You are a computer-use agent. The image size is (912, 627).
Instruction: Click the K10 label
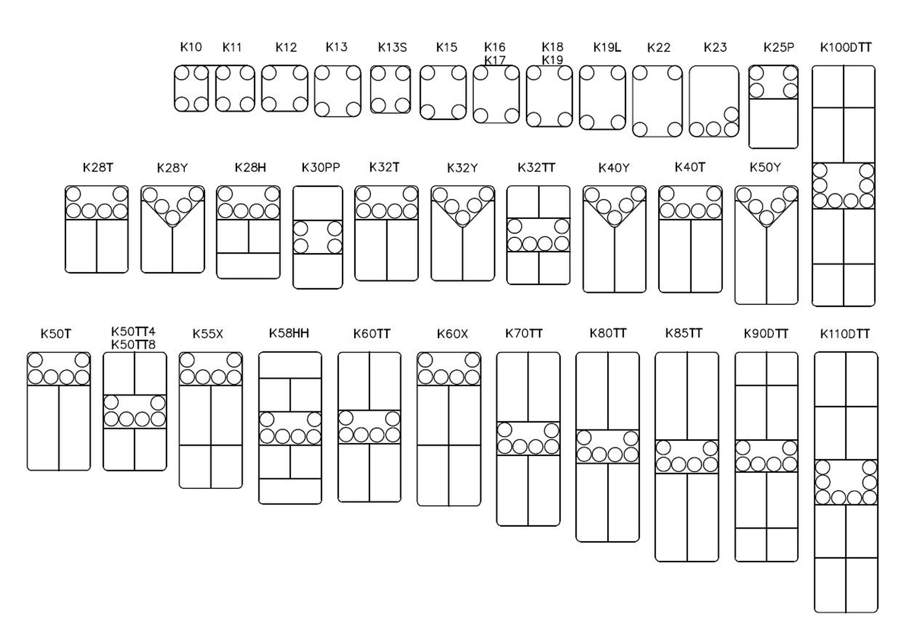[x=191, y=47]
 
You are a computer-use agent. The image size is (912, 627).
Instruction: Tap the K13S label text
[x=392, y=47]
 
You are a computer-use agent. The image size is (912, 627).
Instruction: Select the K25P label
[x=779, y=47]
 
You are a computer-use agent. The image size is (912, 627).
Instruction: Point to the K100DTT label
[x=845, y=47]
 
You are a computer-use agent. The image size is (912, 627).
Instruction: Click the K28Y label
[x=172, y=168]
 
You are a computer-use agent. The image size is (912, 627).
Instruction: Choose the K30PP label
[x=321, y=168]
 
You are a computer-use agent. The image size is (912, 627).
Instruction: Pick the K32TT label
[x=536, y=168]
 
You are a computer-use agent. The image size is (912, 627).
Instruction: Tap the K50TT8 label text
[x=133, y=344]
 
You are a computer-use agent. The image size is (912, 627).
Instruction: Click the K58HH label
[x=289, y=333]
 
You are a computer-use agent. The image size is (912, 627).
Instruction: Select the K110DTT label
[x=845, y=334]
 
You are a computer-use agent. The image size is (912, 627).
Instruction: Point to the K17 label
[x=494, y=60]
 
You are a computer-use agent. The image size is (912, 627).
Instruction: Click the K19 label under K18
[x=552, y=60]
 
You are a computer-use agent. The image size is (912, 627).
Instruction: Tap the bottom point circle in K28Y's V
[x=173, y=218]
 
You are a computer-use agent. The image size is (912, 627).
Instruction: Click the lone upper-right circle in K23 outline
[x=731, y=114]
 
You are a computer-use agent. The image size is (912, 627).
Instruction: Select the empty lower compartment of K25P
[x=773, y=123]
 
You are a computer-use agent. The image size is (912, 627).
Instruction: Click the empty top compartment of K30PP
[x=318, y=203]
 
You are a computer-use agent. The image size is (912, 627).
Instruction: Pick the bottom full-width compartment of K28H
[x=248, y=266]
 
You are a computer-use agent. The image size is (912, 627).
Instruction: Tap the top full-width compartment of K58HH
[x=290, y=365]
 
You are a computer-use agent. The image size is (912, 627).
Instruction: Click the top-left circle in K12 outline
[x=269, y=73]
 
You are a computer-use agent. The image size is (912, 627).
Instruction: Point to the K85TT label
[x=684, y=333]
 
